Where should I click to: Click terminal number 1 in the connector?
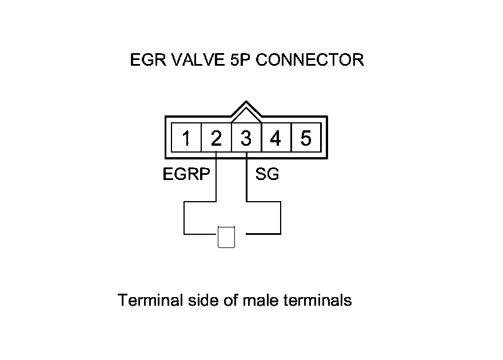186,138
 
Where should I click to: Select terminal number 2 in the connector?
216,138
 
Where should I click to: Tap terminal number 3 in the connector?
246,138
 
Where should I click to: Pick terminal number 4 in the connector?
276,138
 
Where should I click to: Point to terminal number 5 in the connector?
306,138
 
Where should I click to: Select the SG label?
268,175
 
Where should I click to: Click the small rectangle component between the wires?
226,238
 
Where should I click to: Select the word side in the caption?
202,300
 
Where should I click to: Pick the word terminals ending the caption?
318,300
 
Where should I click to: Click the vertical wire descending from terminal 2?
216,177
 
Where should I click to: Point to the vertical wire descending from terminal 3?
246,177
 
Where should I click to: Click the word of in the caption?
230,300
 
